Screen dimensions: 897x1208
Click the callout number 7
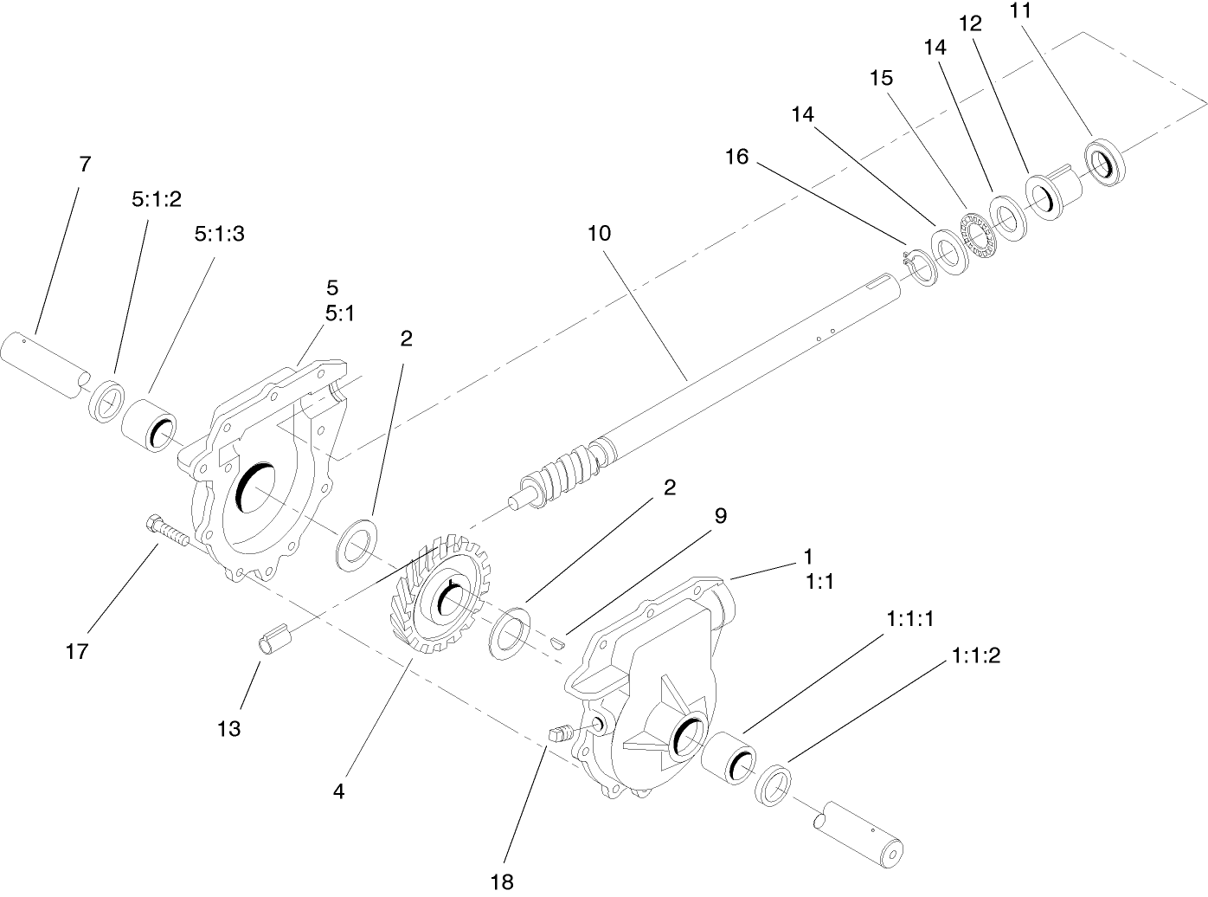tap(85, 164)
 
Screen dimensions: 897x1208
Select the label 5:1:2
tap(157, 199)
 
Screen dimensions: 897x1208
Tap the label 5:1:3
tap(220, 234)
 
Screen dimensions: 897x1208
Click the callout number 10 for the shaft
tap(598, 233)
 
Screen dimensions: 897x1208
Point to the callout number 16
tap(736, 157)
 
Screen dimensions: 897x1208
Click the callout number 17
tap(77, 651)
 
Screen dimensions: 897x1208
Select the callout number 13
tap(229, 728)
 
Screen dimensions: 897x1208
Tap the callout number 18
tap(502, 881)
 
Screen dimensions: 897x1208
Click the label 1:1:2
tap(975, 655)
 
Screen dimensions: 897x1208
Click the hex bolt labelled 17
tap(168, 531)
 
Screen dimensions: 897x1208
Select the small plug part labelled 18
tap(559, 734)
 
